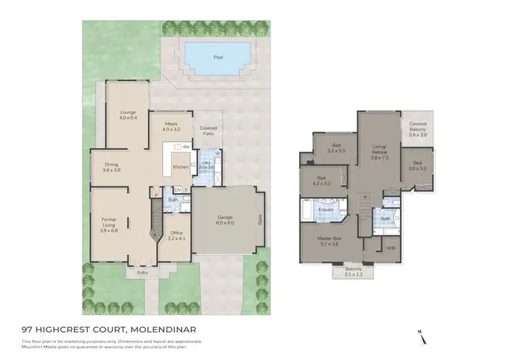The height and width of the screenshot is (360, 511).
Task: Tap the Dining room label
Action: pyautogui.click(x=112, y=167)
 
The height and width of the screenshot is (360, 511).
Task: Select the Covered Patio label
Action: pyautogui.click(x=207, y=131)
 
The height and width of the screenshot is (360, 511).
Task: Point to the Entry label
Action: pyautogui.click(x=142, y=273)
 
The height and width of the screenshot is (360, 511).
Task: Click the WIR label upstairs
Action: pyautogui.click(x=390, y=247)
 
